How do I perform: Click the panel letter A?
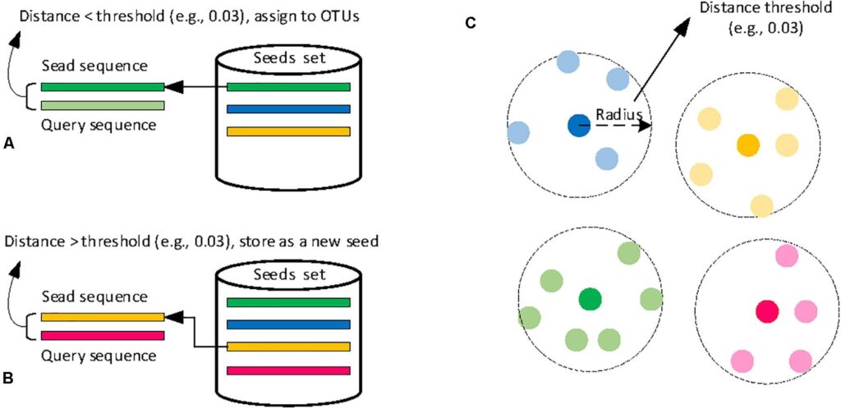9,143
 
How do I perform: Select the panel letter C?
471,23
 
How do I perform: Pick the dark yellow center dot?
747,145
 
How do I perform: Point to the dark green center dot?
590,298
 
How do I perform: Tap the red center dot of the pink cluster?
767,312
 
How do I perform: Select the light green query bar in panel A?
102,106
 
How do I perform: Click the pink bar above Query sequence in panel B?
102,334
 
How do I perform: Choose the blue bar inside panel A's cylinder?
287,108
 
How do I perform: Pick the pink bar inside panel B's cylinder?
287,370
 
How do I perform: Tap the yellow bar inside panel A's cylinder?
287,131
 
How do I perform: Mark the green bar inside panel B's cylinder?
287,303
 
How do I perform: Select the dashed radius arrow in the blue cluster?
621,126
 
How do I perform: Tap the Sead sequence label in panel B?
95,296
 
